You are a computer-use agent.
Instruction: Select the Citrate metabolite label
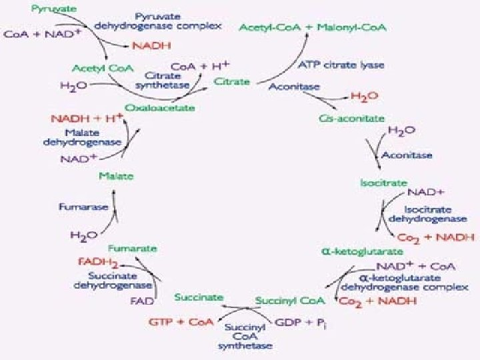pos(231,82)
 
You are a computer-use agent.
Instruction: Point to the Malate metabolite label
pos(116,176)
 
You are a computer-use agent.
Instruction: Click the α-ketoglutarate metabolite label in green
pos(353,252)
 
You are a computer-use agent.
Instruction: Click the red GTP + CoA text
pos(181,322)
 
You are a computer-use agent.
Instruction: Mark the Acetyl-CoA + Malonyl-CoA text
pos(315,28)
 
